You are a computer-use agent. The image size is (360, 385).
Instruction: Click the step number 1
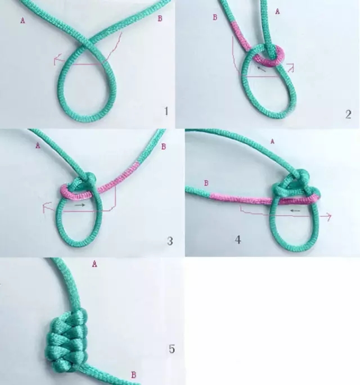point(166,111)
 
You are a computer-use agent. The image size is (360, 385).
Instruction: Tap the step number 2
point(348,115)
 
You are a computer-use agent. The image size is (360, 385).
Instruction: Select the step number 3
point(170,242)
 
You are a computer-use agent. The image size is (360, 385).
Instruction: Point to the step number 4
point(238,240)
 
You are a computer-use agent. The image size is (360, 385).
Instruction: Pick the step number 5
point(172,350)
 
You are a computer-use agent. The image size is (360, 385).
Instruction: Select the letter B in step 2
point(215,17)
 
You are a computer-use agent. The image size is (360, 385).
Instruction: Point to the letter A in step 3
point(38,146)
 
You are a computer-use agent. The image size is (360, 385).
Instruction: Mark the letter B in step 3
point(164,147)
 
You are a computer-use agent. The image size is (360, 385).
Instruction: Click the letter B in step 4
point(206,183)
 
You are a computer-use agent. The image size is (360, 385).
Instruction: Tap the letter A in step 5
point(94,263)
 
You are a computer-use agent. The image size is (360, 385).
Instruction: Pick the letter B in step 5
point(133,374)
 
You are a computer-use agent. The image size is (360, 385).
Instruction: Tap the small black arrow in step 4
point(294,210)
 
